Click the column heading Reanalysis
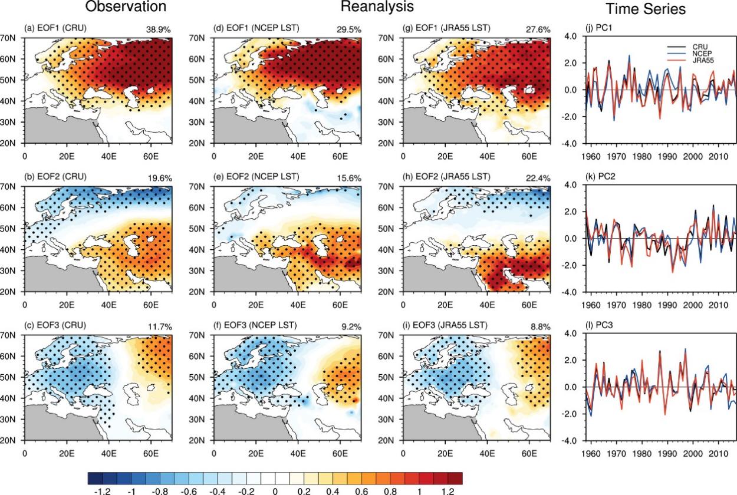click(x=380, y=8)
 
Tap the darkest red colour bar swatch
click(x=456, y=478)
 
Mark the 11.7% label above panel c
click(x=158, y=327)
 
